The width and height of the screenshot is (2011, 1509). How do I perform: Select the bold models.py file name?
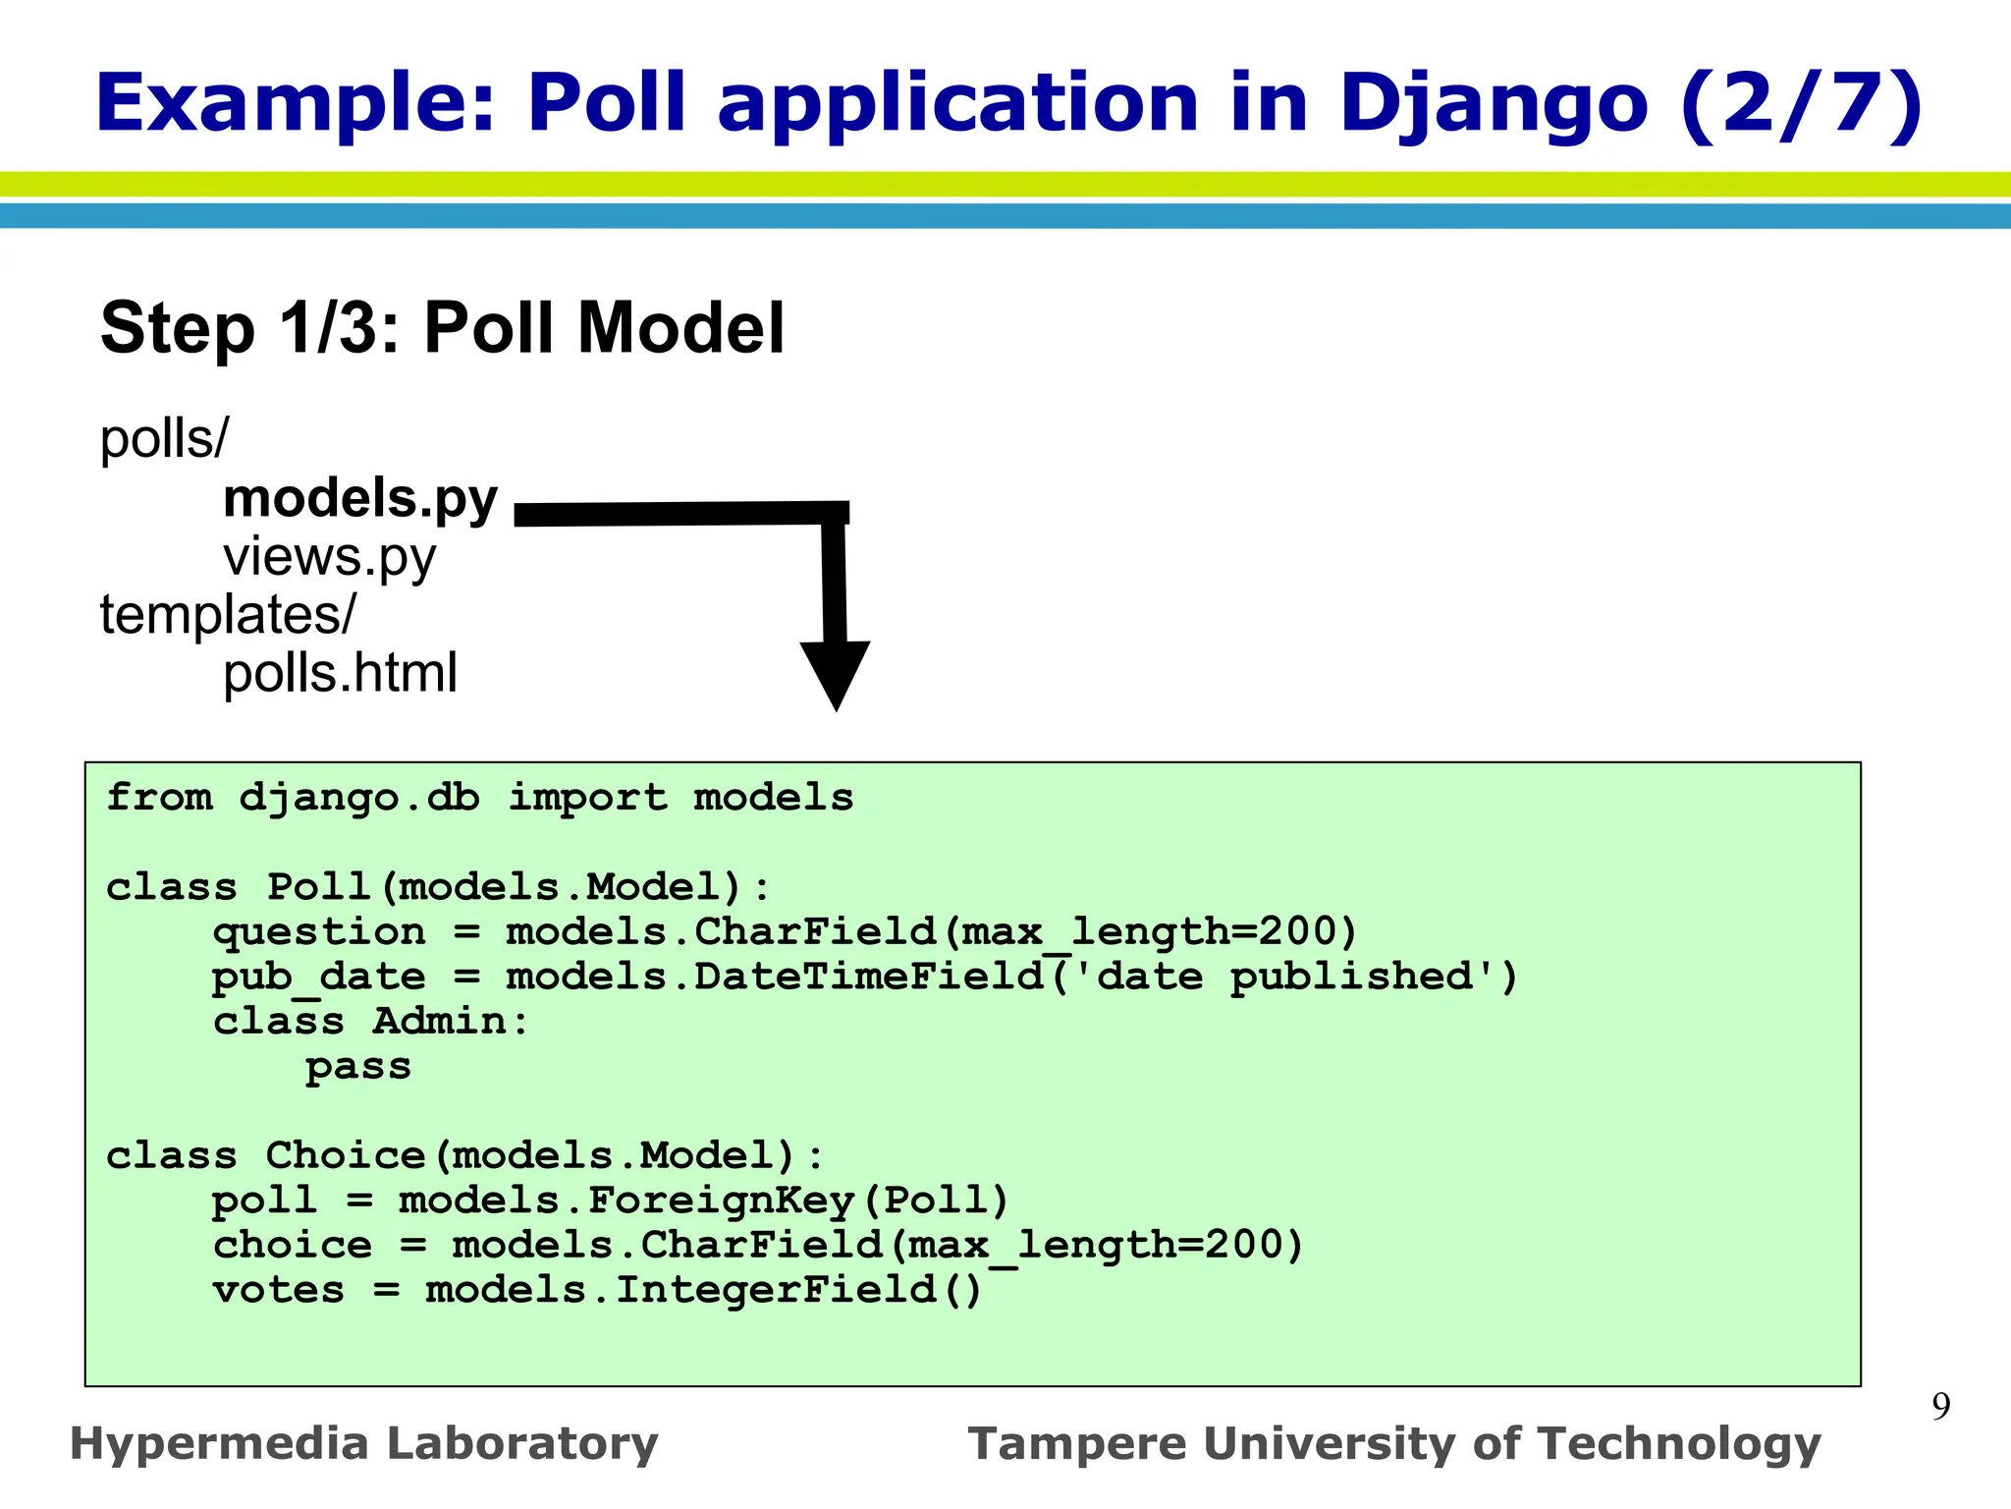[x=360, y=499]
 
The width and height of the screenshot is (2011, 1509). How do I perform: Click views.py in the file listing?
[x=329, y=558]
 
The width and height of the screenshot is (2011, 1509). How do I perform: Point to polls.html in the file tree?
[x=340, y=674]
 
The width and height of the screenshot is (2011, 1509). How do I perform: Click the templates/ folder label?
[x=228, y=615]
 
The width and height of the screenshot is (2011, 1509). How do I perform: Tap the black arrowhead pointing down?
[x=835, y=673]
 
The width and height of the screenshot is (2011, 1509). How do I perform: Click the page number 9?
[x=1940, y=1407]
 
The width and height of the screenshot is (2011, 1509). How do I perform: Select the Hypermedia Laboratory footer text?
[x=363, y=1444]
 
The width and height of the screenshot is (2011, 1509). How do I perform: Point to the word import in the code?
[x=587, y=797]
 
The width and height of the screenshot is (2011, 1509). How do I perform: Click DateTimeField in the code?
[x=869, y=977]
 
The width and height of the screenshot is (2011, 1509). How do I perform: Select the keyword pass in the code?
[x=358, y=1067]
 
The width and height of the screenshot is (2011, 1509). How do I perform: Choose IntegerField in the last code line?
[x=776, y=1290]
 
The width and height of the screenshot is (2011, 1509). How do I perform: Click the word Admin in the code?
[x=439, y=1022]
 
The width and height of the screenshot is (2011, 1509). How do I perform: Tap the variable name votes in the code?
[x=279, y=1290]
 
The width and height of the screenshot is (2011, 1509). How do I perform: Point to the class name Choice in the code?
[x=346, y=1155]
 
